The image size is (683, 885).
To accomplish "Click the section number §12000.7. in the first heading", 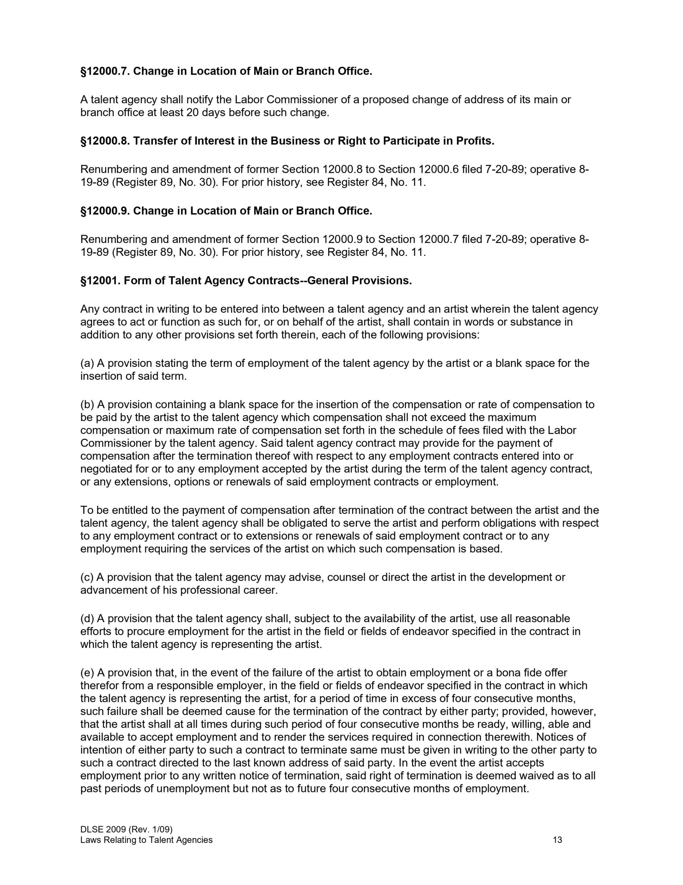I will pyautogui.click(x=105, y=71).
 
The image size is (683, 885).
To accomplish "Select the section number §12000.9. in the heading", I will pyautogui.click(x=105, y=211).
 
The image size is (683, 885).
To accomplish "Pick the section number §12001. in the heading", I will pyautogui.click(x=100, y=281).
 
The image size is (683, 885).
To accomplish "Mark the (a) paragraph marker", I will pyautogui.click(x=87, y=363).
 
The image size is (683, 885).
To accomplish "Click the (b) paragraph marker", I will pyautogui.click(x=87, y=405).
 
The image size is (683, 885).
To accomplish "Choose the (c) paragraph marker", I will pyautogui.click(x=87, y=577).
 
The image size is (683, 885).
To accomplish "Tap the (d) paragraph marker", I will pyautogui.click(x=87, y=619).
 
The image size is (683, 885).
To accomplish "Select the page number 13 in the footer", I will pyautogui.click(x=558, y=840).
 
